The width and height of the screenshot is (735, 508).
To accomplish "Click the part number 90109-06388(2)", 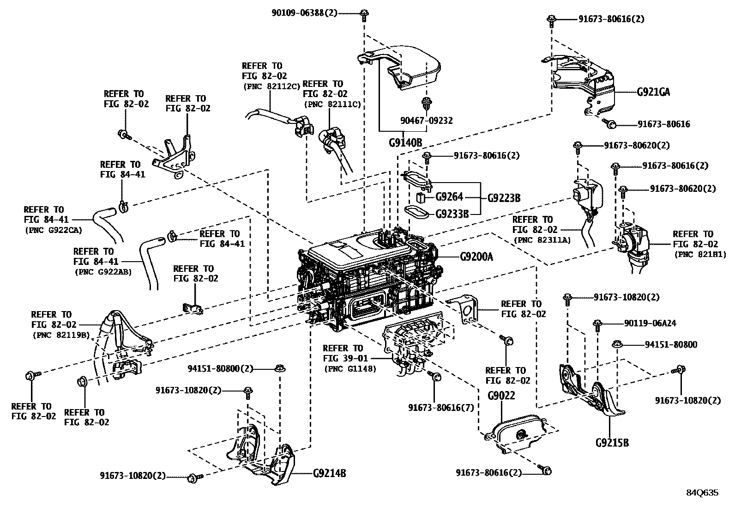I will (x=304, y=13).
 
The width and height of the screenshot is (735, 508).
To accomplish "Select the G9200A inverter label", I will (x=476, y=256).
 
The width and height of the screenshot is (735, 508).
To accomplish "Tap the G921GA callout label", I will (x=653, y=92).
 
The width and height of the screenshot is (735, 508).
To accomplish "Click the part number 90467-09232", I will (x=426, y=121).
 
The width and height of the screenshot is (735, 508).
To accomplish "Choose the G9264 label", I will (x=449, y=197).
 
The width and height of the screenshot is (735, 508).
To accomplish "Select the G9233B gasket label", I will (x=452, y=214).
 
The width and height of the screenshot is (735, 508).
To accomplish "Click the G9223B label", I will (x=504, y=198).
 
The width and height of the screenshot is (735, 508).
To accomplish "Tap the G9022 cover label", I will (x=501, y=396).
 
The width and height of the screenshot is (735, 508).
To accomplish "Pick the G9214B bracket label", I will (x=330, y=473).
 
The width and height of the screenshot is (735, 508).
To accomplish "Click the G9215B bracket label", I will (x=612, y=442).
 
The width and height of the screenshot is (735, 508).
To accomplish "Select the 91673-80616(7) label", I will (x=441, y=408).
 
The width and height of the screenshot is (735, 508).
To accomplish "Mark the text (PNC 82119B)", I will (x=60, y=335).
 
